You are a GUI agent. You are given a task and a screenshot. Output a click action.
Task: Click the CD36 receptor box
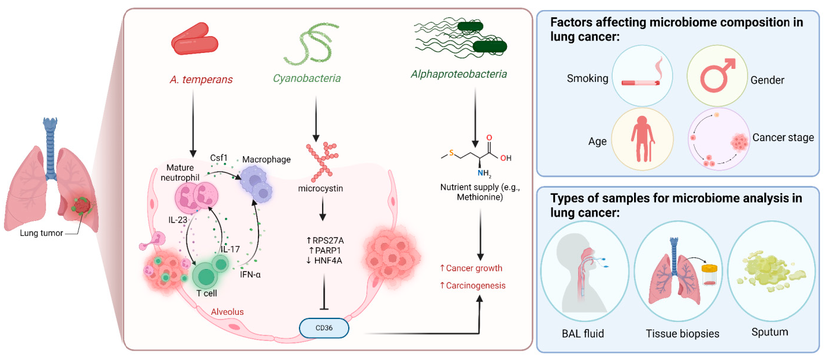click(x=324, y=327)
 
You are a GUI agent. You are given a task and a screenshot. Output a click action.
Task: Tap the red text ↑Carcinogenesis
click(x=472, y=286)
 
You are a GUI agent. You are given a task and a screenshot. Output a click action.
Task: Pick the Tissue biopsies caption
click(x=682, y=333)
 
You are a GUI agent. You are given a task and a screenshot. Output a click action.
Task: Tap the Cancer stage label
click(x=783, y=138)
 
